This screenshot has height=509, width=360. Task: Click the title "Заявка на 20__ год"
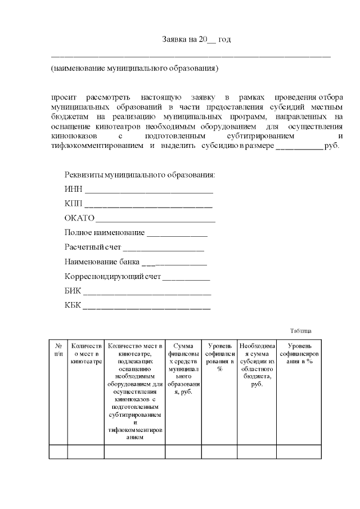point(196,39)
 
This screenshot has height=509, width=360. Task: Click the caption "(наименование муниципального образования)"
point(134,69)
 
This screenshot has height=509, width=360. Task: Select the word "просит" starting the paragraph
point(63,98)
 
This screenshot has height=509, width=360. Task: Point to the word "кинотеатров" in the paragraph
point(107,127)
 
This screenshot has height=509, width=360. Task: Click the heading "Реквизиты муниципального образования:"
point(140,174)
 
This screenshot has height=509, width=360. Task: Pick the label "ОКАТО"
point(79,218)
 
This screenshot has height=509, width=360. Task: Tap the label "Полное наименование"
point(105,233)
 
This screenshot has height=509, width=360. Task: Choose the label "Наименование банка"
point(102,262)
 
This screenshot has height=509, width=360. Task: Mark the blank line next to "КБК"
point(147,307)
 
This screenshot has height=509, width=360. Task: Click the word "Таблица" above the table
point(300,331)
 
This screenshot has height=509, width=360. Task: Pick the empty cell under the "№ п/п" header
point(58,452)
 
